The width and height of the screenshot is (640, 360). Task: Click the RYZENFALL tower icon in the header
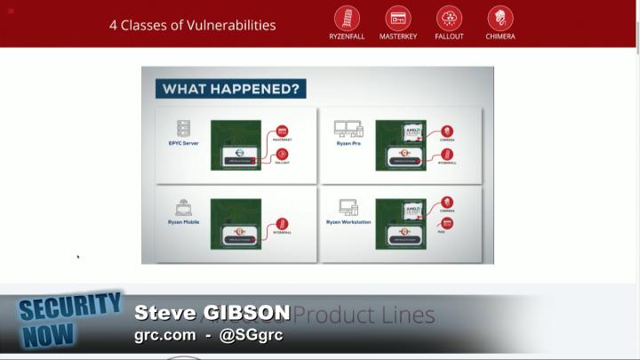[347, 18]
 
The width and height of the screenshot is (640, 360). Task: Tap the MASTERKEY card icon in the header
[397, 18]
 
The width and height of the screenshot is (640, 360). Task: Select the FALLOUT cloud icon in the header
[449, 18]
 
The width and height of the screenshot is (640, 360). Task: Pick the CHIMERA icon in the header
[500, 18]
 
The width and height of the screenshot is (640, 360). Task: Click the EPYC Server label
[183, 143]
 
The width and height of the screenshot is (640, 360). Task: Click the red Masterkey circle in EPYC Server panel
[282, 131]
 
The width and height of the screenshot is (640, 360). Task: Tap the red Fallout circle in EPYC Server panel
[282, 154]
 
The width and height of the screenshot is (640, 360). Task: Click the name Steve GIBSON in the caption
[212, 313]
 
